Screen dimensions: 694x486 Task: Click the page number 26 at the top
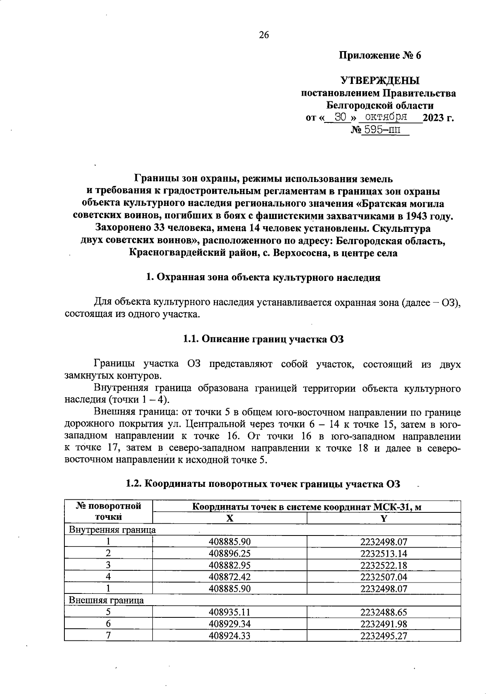(264, 35)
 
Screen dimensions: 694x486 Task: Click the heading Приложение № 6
(380, 56)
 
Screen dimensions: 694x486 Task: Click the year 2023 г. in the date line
(438, 118)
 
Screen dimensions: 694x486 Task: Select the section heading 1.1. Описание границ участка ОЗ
(263, 339)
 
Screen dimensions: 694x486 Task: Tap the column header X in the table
(230, 518)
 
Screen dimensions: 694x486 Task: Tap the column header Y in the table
(384, 518)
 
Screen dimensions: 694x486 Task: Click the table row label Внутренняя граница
(112, 530)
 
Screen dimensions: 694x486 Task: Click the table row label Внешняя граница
(106, 600)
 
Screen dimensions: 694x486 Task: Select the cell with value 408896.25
(230, 553)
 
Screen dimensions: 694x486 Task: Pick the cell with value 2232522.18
(384, 565)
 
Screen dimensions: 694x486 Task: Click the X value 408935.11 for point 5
(230, 612)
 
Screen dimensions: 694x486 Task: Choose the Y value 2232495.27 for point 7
(384, 636)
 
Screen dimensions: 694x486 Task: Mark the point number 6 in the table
(109, 624)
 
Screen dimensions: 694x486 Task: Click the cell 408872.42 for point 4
(230, 577)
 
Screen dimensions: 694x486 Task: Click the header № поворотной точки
(109, 511)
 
